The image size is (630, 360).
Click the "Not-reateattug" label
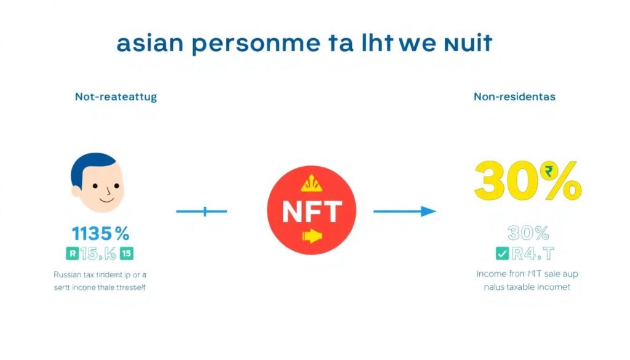pyautogui.click(x=116, y=97)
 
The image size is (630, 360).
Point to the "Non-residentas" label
pyautogui.click(x=514, y=97)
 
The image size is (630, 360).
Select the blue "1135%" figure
pyautogui.click(x=100, y=234)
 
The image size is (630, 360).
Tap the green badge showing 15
pyautogui.click(x=127, y=253)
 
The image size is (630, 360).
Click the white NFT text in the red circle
pyautogui.click(x=311, y=212)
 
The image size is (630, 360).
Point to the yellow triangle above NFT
pyautogui.click(x=311, y=183)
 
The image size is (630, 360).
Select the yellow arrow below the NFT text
pyautogui.click(x=311, y=236)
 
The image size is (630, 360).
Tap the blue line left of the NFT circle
pyautogui.click(x=202, y=212)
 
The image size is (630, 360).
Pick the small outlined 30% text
pyautogui.click(x=528, y=233)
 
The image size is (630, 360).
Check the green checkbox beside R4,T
pyautogui.click(x=501, y=253)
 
